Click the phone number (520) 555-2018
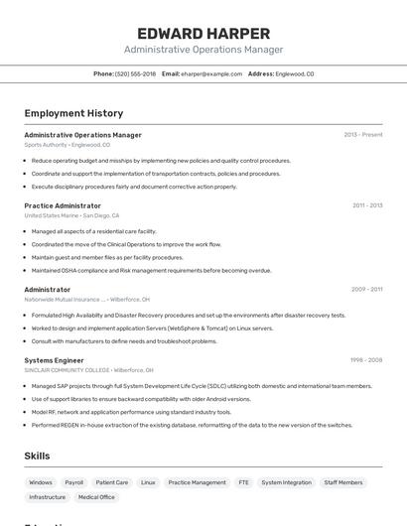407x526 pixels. point(135,73)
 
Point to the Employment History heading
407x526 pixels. point(73,113)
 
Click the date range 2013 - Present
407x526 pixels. point(362,135)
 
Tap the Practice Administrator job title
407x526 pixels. point(63,205)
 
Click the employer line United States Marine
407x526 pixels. point(71,215)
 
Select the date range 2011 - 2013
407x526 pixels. point(366,205)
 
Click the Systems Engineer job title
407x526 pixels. point(54,360)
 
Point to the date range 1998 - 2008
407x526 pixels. point(365,360)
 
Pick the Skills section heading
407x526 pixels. point(38,456)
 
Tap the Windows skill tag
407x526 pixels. point(41,482)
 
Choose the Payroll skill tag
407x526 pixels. point(74,482)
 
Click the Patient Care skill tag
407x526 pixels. point(112,482)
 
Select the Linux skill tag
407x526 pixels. point(148,482)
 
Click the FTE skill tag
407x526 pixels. point(243,482)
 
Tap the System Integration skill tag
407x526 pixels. point(286,482)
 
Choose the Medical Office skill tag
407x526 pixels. point(96,497)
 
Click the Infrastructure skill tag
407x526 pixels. point(47,497)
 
